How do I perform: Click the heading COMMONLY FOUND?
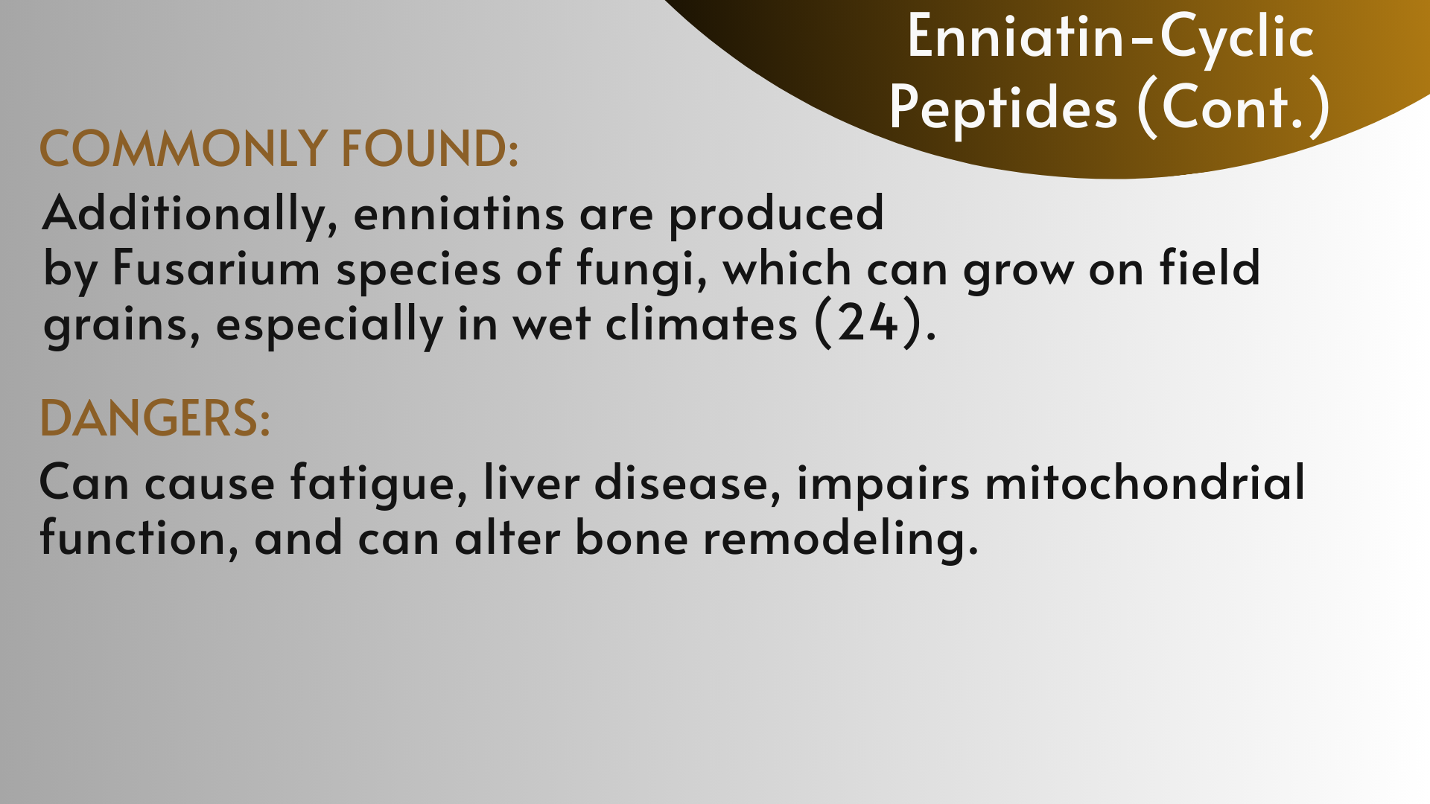click(279, 147)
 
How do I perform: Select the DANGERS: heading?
click(154, 418)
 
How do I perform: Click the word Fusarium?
click(216, 268)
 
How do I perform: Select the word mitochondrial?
click(1145, 482)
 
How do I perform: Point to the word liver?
click(531, 482)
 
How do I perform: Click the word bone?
click(632, 537)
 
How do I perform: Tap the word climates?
click(702, 323)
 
